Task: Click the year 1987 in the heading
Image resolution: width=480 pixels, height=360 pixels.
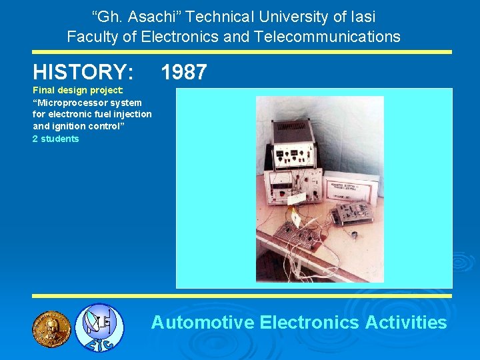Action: pos(184,72)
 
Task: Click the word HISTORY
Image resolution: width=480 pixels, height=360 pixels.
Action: pos(83,72)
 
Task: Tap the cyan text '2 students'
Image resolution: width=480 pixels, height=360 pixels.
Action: pos(55,139)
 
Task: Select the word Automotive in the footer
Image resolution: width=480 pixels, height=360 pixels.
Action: pos(203,323)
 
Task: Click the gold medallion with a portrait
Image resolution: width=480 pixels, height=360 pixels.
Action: pos(51,328)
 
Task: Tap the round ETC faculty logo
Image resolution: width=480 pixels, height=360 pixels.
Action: pos(99,327)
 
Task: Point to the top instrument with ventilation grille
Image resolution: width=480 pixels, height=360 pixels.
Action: pos(293,133)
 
